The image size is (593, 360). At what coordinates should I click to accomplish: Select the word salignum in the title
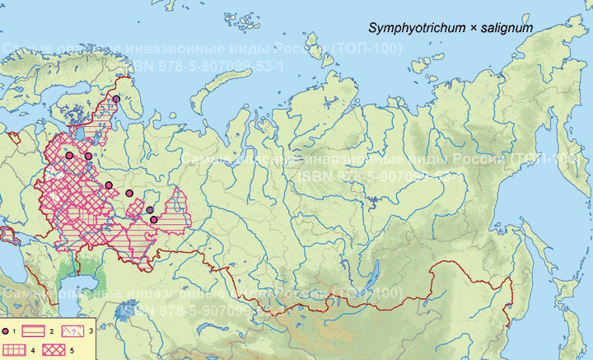click(x=508, y=28)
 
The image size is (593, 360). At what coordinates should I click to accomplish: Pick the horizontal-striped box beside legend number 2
click(x=32, y=330)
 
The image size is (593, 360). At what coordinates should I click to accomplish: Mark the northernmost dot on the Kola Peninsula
click(x=116, y=99)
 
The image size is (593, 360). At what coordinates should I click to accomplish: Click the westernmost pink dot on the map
click(x=70, y=155)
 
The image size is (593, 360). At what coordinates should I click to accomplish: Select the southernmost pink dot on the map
click(x=153, y=219)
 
